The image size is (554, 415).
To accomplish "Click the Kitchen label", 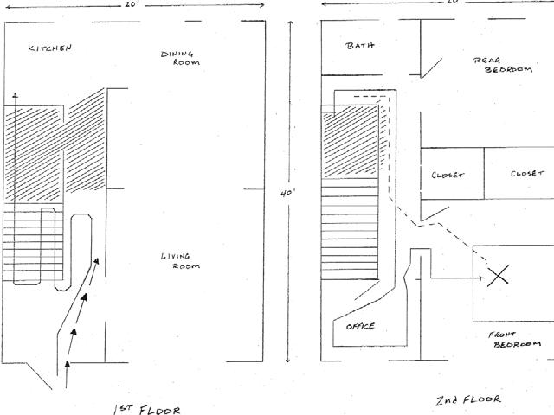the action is point(48,48).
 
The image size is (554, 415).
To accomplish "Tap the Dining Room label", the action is point(181,59).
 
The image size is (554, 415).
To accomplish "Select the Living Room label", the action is point(181,260).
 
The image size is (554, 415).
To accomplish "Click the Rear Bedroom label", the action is point(502,66).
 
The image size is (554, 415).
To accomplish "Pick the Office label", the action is point(360,326).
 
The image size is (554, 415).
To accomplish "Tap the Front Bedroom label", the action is point(516,338).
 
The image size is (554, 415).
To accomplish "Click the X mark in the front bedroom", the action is point(497,277).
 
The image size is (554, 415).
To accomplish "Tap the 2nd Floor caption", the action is point(468,400).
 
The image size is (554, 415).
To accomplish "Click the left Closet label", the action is point(448,174).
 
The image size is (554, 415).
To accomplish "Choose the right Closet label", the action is point(527,173).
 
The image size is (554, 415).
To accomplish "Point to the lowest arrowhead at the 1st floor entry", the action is point(67,370).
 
